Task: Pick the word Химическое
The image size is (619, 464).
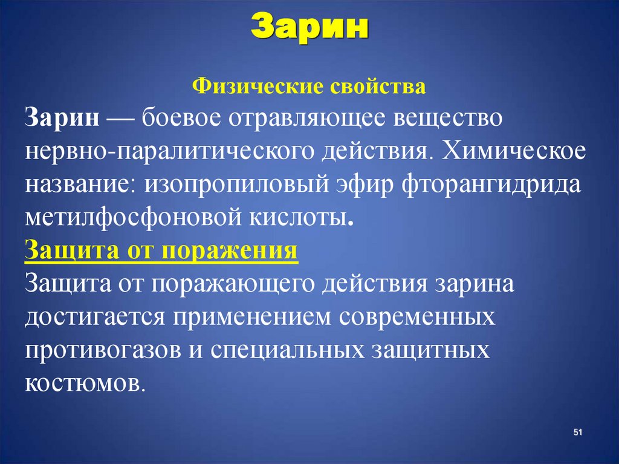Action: click(514, 151)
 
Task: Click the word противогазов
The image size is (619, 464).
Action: click(99, 351)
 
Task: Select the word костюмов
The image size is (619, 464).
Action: click(85, 384)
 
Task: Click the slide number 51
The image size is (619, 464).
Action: click(577, 432)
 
